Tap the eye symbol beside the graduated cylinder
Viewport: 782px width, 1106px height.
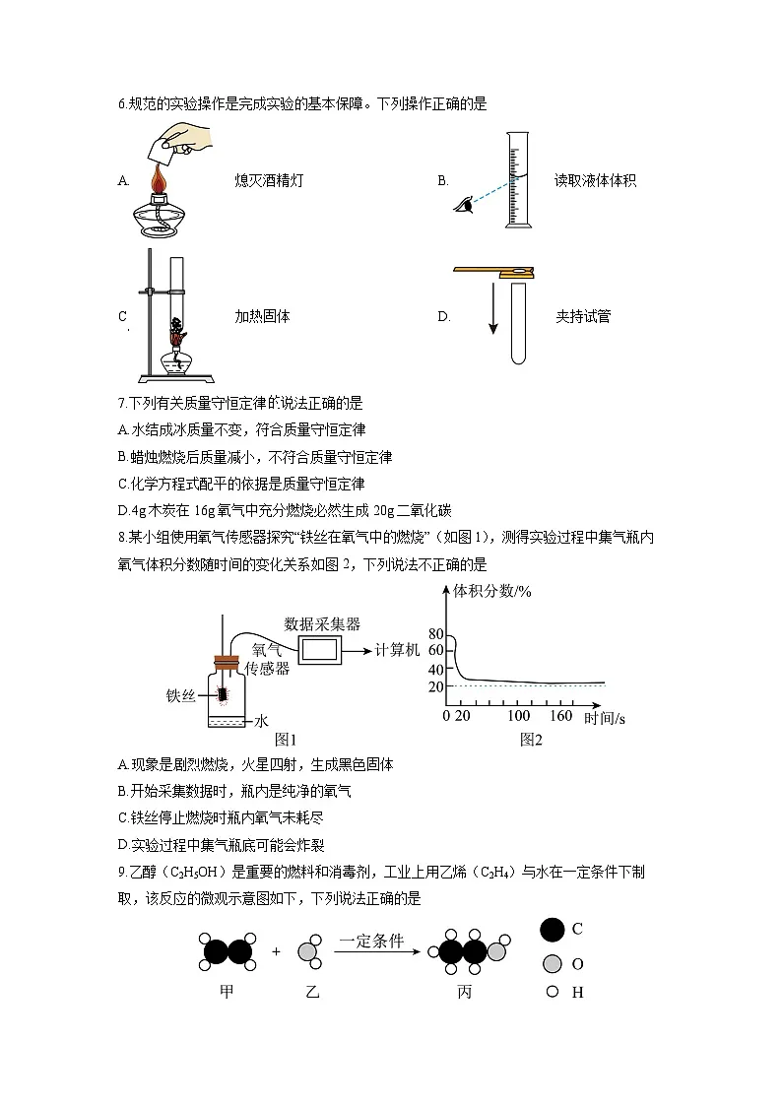pyautogui.click(x=462, y=204)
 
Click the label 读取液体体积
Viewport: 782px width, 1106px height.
pyautogui.click(x=595, y=181)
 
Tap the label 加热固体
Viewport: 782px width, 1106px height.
pyautogui.click(x=262, y=317)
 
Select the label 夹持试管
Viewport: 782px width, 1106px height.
pyautogui.click(x=582, y=317)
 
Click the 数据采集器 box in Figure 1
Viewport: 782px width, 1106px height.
pyautogui.click(x=321, y=650)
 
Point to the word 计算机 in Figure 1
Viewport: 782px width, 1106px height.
pyautogui.click(x=398, y=650)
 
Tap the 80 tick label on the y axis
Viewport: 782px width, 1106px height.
pyautogui.click(x=436, y=634)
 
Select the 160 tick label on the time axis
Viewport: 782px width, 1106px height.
pyautogui.click(x=560, y=716)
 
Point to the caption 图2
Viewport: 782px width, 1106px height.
pyautogui.click(x=531, y=739)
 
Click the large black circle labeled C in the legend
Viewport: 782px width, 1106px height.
pyautogui.click(x=553, y=929)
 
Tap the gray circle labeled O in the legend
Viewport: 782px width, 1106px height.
pyautogui.click(x=553, y=963)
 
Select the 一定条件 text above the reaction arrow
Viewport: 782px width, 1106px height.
pyautogui.click(x=370, y=942)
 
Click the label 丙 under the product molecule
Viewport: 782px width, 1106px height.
pyautogui.click(x=465, y=993)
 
